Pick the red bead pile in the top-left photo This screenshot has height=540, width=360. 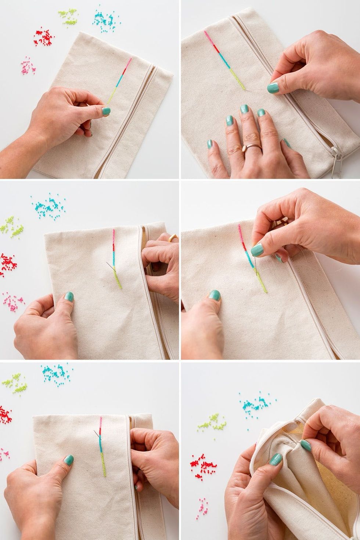point(44,37)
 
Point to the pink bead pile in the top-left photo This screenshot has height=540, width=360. point(28,65)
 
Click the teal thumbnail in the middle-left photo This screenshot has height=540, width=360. point(69,297)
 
